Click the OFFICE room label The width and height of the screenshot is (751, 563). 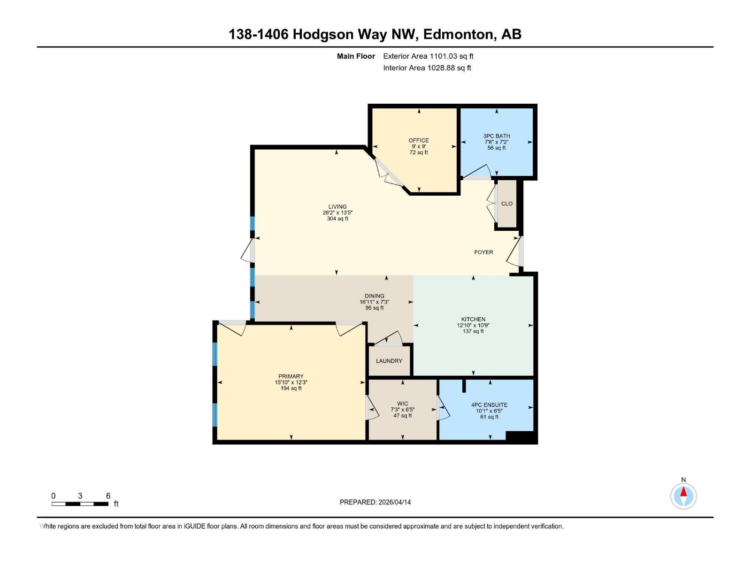(x=418, y=140)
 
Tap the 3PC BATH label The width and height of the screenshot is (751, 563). (x=497, y=136)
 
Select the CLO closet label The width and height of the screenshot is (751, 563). (x=507, y=204)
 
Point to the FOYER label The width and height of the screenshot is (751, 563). (x=483, y=252)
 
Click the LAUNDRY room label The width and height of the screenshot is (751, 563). (x=389, y=361)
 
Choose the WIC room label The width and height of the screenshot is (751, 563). (x=403, y=403)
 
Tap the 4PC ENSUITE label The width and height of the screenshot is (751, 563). (x=489, y=405)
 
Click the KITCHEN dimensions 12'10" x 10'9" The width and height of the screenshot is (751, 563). (x=473, y=325)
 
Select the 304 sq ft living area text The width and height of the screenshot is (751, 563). (x=337, y=219)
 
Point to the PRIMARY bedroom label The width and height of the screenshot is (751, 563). (x=291, y=376)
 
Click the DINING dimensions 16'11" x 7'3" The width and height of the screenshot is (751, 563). (x=375, y=302)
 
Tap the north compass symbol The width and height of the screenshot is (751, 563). (x=683, y=495)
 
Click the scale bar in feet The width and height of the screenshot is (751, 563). (x=80, y=504)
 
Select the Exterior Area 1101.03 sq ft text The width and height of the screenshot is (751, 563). (x=428, y=56)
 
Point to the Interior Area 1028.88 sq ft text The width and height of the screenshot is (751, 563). (x=427, y=68)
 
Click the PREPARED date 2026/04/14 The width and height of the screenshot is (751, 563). (x=375, y=502)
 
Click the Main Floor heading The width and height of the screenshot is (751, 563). (x=356, y=56)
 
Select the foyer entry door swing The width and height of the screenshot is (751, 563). (x=515, y=253)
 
